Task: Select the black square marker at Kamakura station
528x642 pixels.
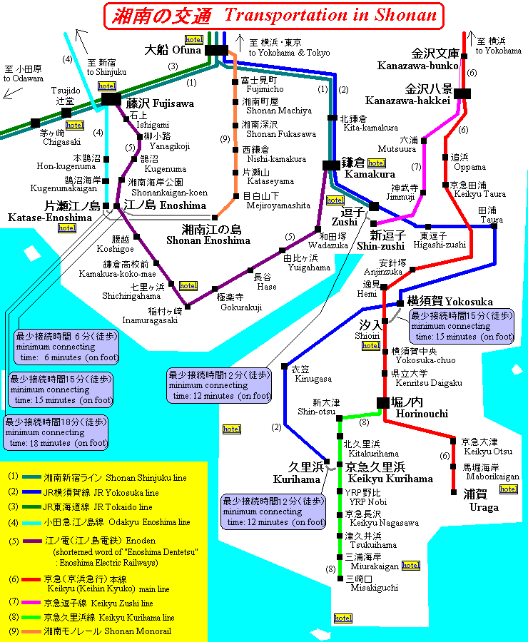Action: coord(331,165)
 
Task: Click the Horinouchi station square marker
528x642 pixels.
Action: coord(384,403)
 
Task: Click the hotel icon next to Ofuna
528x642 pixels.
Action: coord(193,39)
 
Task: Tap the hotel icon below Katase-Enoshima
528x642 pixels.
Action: coord(67,228)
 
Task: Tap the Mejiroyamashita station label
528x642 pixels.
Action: coord(278,200)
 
